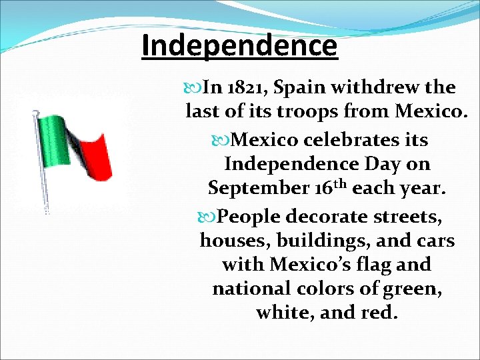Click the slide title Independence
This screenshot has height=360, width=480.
click(x=239, y=46)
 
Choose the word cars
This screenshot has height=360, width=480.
click(x=434, y=241)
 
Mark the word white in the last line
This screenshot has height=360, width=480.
click(x=287, y=313)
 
